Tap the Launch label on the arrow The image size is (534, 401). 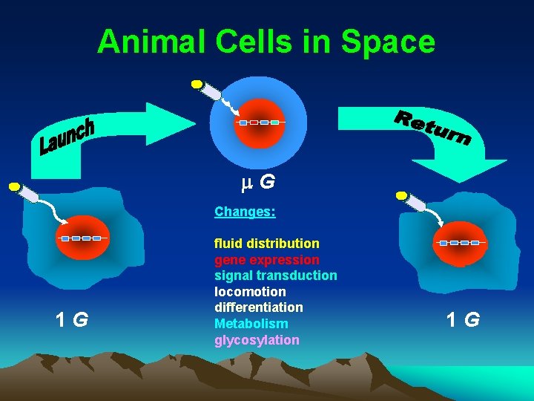coord(67,137)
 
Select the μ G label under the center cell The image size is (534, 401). coord(259,180)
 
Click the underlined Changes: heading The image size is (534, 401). coord(245,212)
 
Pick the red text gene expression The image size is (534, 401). coord(267,260)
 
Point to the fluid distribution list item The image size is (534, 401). coord(267,244)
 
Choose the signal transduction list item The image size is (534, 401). coord(275,276)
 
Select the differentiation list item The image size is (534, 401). coord(259,307)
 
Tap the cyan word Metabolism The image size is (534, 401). coord(251,324)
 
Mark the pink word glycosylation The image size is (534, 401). coord(257,340)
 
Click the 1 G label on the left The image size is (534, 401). coord(72,320)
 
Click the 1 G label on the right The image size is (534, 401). coord(463,320)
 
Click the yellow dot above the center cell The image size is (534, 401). coord(197,84)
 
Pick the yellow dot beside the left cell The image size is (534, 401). coord(13,187)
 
